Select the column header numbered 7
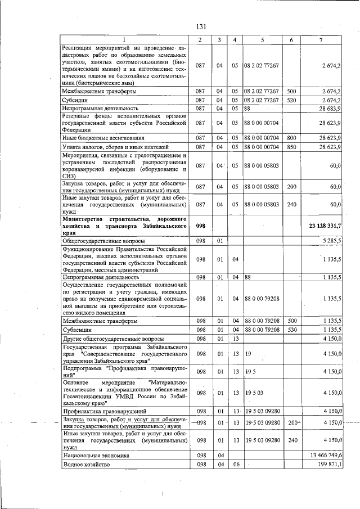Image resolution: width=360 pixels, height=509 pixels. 321,40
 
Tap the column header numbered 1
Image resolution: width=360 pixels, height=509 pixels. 124,40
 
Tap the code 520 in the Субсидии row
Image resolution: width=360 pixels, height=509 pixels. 291,100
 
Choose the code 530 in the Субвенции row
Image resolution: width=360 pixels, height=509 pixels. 291,330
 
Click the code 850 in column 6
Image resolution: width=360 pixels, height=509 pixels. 291,147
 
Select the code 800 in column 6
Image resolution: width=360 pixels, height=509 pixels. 291,137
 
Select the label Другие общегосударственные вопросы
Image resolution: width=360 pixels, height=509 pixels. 113,339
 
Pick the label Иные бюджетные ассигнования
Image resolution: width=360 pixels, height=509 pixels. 103,137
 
